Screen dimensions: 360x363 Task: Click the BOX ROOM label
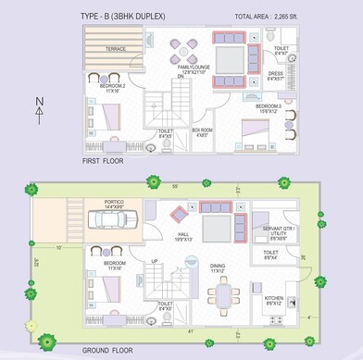click(201, 131)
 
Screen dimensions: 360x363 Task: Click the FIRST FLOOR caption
click(104, 161)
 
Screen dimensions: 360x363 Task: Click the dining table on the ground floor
click(223, 294)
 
